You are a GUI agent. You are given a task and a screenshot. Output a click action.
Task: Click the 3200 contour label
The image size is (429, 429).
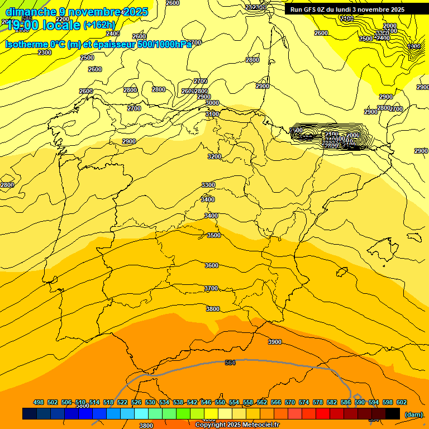[214, 156]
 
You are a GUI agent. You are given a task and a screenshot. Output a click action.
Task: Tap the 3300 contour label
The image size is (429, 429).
[208, 185]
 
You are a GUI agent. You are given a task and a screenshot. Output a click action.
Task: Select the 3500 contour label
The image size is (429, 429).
[213, 236]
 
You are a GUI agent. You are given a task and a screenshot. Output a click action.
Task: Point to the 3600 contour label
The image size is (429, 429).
[212, 265]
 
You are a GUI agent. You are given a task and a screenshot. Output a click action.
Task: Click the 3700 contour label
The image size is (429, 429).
[211, 289]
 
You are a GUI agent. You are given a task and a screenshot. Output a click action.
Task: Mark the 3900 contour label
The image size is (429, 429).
[275, 342]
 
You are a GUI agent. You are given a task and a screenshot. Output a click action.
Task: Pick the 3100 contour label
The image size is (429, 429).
[212, 114]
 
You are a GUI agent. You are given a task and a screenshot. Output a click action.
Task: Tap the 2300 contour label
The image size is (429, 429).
[45, 53]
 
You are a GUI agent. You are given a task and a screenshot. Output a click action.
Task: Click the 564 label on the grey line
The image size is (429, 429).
[230, 363]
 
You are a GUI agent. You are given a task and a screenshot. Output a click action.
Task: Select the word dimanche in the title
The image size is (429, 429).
[31, 12]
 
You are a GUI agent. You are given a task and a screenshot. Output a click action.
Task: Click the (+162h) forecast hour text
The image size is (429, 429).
[99, 25]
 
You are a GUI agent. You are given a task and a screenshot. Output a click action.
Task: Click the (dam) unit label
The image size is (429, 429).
[413, 414]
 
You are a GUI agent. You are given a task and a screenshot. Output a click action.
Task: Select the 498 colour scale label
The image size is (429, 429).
[39, 402]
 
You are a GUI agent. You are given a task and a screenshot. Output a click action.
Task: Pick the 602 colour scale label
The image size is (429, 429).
[402, 402]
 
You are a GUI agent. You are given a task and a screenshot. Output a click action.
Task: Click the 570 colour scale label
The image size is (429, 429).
[290, 402]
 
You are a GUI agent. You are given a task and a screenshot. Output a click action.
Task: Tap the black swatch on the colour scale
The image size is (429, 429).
[393, 413]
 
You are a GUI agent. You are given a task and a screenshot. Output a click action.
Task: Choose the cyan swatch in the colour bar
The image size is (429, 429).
[141, 413]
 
